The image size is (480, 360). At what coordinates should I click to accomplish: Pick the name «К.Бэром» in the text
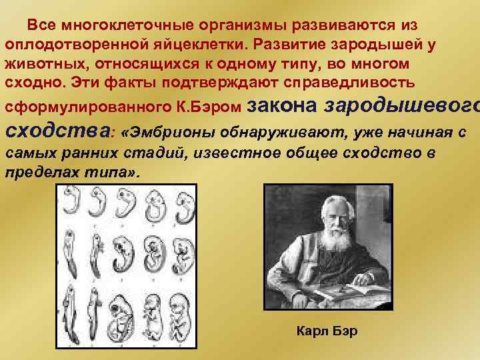click(x=213, y=107)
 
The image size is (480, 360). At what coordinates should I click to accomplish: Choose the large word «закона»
click(x=283, y=103)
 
